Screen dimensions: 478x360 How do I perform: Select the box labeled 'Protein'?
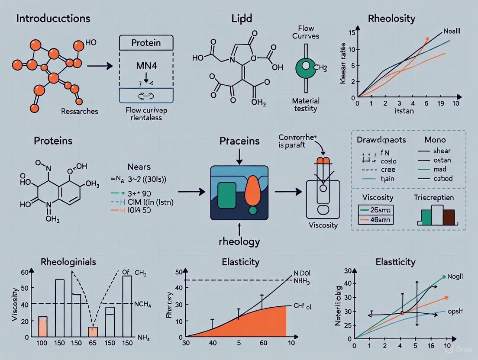point(145,43)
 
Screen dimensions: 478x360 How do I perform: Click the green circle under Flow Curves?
point(307,66)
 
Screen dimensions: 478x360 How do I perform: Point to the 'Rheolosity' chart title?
point(391,19)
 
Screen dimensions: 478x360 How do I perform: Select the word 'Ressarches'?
point(80,111)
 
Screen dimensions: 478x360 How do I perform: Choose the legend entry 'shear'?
point(442,151)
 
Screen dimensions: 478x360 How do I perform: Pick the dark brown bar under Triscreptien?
point(449,217)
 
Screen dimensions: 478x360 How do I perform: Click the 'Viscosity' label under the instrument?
point(323,225)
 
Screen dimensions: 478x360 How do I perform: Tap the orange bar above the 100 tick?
point(42,327)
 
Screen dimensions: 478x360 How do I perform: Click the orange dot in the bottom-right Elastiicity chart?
point(402,312)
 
